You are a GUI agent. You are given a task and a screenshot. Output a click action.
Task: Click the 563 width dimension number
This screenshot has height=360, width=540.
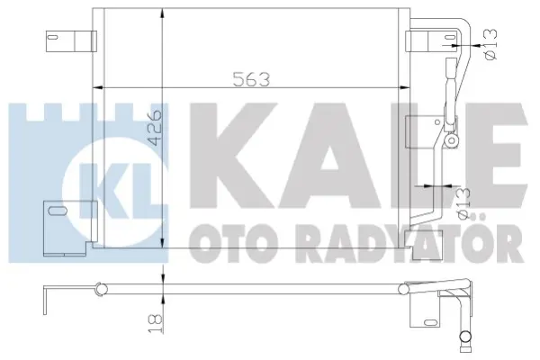251,79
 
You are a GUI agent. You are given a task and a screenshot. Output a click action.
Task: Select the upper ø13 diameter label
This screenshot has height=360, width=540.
491,44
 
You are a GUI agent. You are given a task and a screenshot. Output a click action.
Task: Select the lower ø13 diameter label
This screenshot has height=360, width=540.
463,202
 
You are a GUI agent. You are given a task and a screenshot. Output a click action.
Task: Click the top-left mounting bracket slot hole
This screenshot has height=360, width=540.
52,37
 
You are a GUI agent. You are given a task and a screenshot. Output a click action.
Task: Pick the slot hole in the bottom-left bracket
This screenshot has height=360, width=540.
58,210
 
